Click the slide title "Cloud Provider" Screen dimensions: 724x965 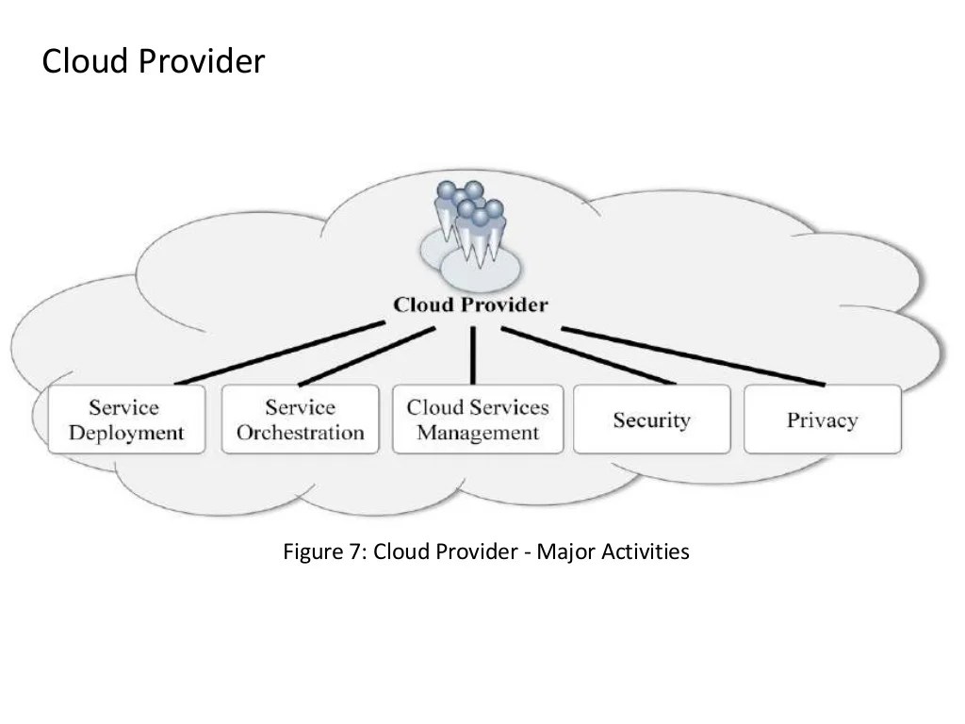tap(154, 62)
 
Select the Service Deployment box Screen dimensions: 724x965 tap(125, 420)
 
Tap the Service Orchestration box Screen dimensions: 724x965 tap(300, 420)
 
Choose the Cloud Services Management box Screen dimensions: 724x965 tap(478, 420)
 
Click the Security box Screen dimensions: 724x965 tap(651, 420)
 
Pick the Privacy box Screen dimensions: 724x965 tap(822, 420)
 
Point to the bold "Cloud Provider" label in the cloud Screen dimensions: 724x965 tap(470, 304)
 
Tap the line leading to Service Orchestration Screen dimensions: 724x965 tap(368, 355)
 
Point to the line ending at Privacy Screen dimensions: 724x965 tap(693, 355)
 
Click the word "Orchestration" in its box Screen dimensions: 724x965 tap(300, 433)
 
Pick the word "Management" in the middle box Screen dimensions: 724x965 tap(478, 433)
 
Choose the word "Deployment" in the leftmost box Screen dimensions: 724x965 tap(125, 433)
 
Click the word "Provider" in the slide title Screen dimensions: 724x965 tap(203, 62)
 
